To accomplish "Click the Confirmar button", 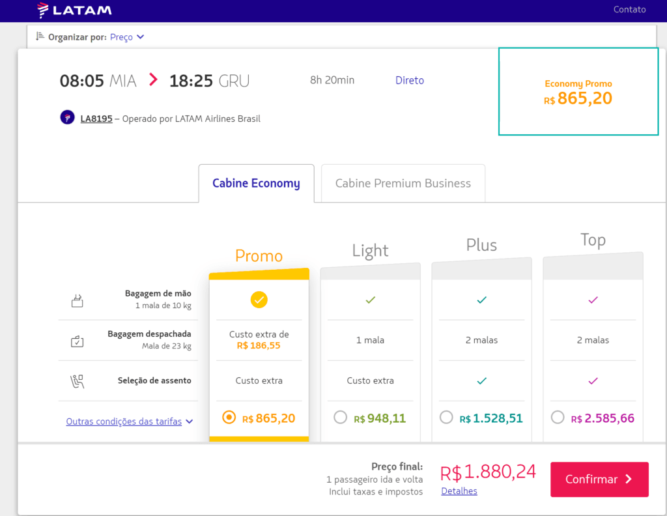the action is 599,480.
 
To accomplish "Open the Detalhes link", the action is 459,491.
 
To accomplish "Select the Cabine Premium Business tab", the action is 403,183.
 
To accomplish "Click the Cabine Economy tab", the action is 256,183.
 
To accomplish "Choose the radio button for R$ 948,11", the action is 340,418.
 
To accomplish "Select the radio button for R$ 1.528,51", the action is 446,418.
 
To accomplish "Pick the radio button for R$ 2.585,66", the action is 558,418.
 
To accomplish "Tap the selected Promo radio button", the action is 229,418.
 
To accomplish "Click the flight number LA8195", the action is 96,119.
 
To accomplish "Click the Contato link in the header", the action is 630,9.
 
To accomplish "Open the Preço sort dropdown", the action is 127,37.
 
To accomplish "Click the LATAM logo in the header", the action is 74,10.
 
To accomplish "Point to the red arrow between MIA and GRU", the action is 153,79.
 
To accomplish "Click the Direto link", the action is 410,80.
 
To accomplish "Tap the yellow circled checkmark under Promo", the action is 259,300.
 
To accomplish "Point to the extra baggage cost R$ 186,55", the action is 259,345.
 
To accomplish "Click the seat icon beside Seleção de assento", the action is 77,381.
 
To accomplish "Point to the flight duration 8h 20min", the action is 332,80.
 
